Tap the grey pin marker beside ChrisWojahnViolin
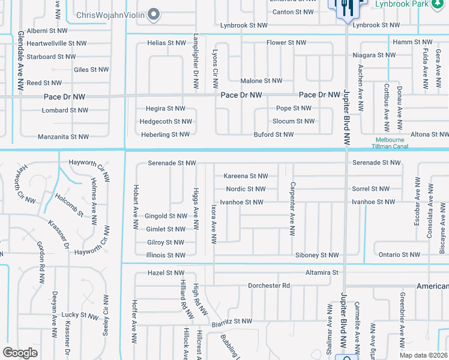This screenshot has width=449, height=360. (154, 14)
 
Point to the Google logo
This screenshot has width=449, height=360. (20, 353)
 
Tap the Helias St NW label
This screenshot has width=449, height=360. (167, 43)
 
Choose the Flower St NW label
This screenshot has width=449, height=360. (286, 43)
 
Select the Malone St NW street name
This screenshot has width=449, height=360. (261, 81)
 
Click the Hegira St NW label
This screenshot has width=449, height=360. (166, 109)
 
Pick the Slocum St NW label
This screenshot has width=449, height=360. (294, 121)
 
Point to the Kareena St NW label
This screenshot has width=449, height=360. (246, 176)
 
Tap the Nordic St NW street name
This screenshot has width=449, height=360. (246, 189)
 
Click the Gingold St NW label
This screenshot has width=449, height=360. (166, 216)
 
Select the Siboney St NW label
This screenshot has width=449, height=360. (317, 256)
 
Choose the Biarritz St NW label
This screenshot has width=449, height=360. (231, 322)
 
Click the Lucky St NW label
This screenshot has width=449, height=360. (83, 314)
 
